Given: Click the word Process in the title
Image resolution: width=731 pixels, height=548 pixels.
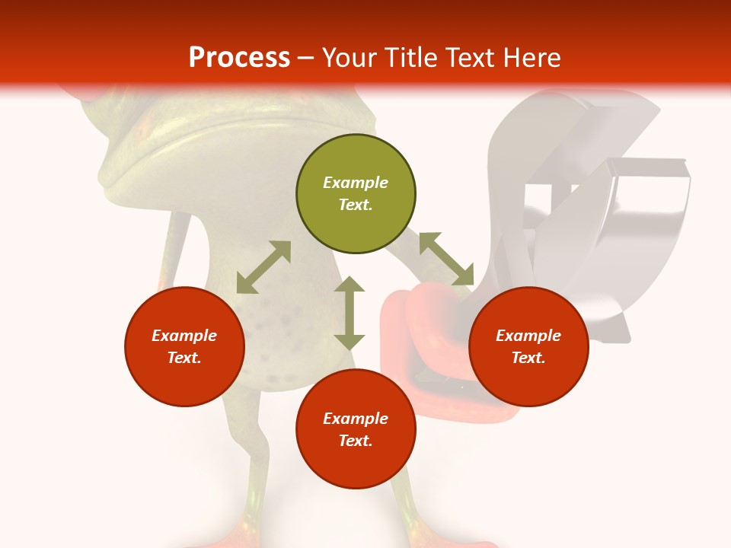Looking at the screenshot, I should pyautogui.click(x=239, y=58).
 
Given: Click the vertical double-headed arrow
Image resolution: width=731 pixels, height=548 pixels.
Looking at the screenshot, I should pyautogui.click(x=350, y=313).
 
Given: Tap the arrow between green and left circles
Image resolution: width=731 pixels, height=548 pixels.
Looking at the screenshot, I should pyautogui.click(x=263, y=267).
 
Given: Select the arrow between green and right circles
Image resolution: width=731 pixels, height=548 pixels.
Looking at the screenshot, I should pyautogui.click(x=446, y=259).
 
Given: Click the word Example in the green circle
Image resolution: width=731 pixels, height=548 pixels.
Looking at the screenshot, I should pyautogui.click(x=356, y=183).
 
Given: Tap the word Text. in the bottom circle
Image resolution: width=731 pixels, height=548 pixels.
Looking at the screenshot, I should pyautogui.click(x=356, y=441).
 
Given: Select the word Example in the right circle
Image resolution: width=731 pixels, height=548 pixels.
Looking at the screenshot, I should pyautogui.click(x=528, y=336).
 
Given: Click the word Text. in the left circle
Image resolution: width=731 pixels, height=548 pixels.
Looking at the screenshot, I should pyautogui.click(x=184, y=358).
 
